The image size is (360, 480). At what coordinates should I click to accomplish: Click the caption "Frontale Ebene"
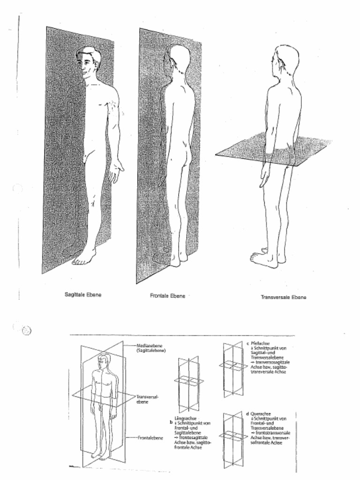(168, 296)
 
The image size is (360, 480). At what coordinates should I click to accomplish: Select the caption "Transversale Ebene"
(284, 297)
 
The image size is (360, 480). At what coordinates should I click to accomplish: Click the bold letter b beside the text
(171, 423)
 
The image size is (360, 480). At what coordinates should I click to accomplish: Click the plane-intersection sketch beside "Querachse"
(233, 438)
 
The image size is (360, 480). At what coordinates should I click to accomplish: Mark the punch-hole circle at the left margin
(27, 330)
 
